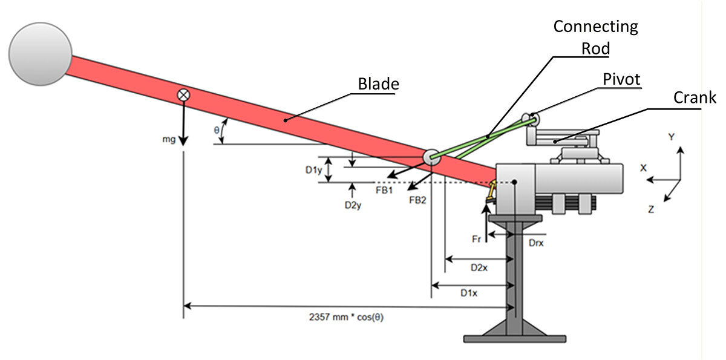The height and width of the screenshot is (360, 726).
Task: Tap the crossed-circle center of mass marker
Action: [183, 95]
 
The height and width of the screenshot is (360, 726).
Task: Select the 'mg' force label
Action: [169, 140]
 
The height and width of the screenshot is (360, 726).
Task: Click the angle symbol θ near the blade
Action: [217, 129]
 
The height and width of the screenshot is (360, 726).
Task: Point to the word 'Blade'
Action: [378, 83]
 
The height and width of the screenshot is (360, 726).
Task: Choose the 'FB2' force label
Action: [417, 200]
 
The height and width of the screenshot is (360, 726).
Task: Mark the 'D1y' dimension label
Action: [313, 170]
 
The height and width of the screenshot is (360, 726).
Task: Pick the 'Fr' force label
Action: [476, 239]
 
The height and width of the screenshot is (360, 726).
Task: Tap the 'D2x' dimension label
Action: [480, 266]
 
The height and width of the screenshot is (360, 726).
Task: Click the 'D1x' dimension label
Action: [469, 293]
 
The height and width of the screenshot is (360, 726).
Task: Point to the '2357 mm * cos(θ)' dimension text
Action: [346, 316]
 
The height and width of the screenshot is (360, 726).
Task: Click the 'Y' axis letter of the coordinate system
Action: [671, 137]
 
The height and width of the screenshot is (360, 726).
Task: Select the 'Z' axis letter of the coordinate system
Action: [651, 209]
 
